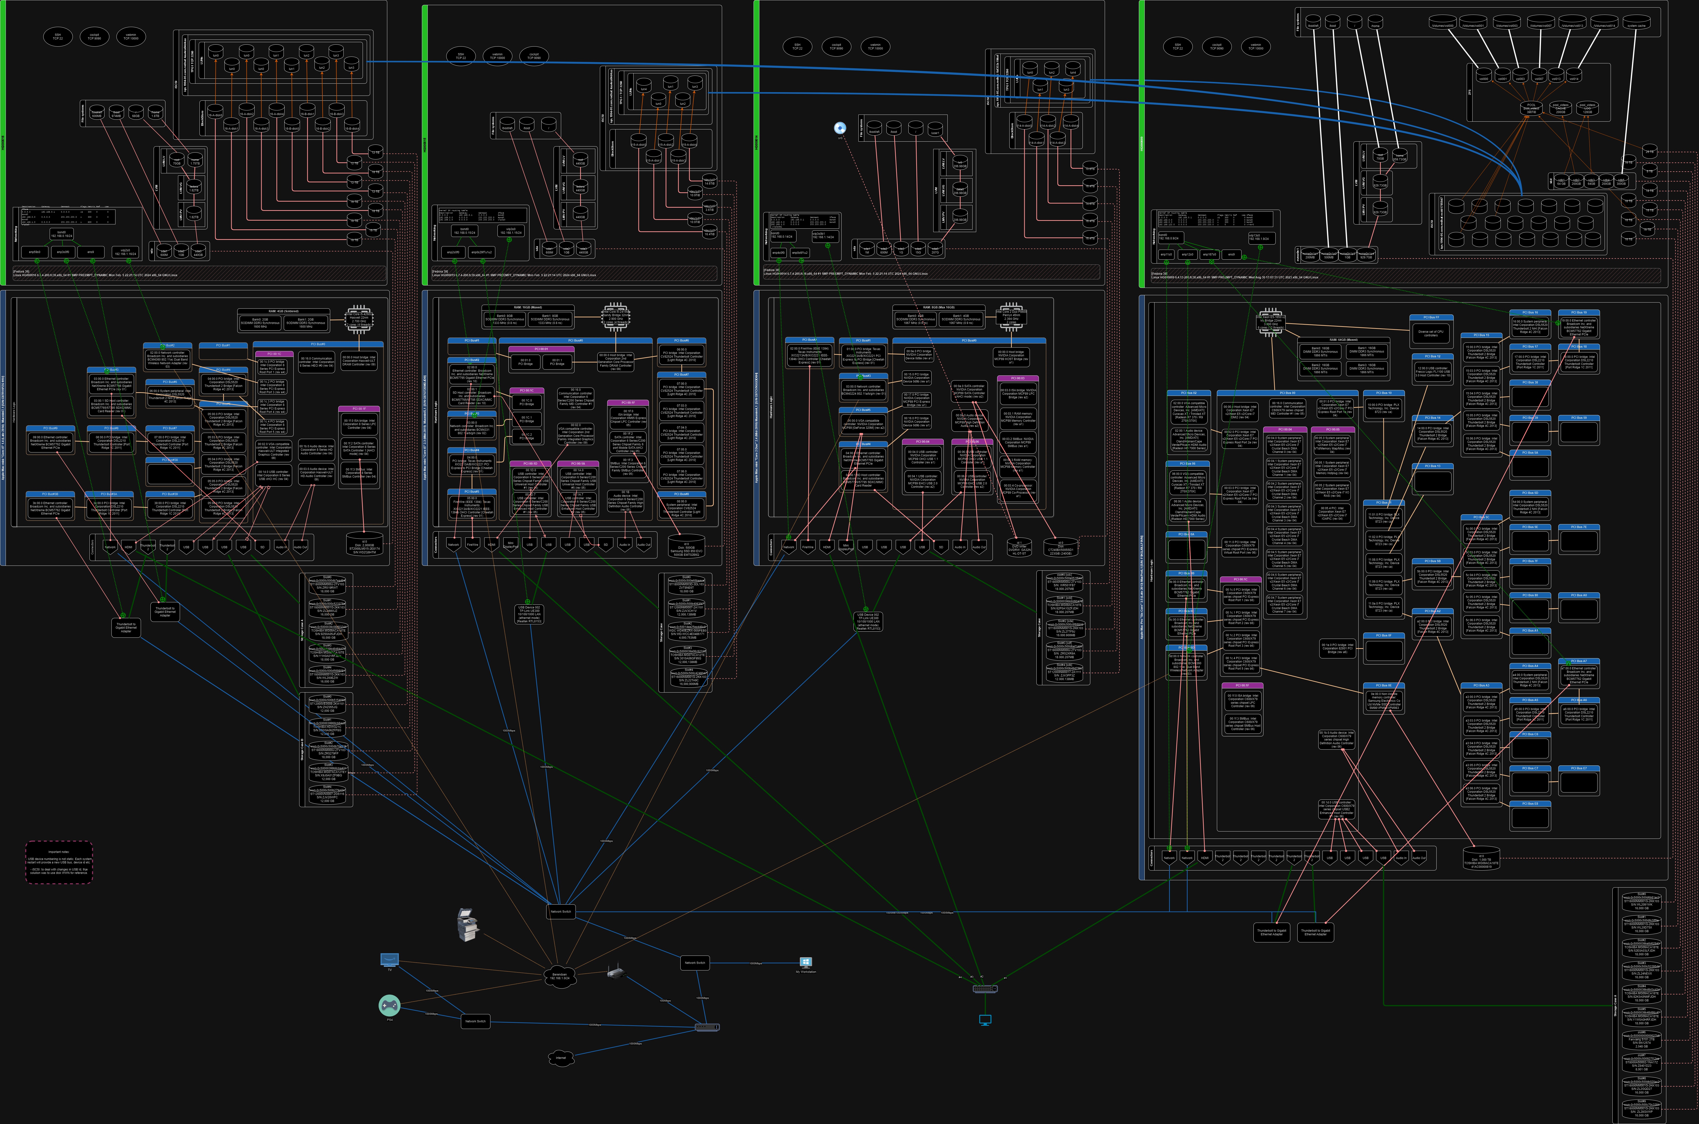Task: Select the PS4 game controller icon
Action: click(389, 1005)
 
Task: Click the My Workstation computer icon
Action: click(805, 963)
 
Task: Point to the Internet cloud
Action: click(561, 1057)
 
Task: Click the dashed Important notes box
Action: click(59, 862)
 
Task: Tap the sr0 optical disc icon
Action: click(840, 127)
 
